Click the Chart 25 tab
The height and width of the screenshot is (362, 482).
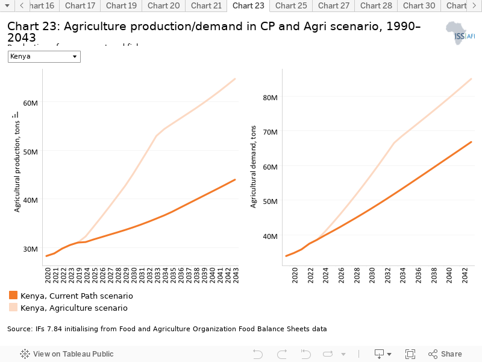point(290,6)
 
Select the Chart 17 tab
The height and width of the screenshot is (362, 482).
point(80,6)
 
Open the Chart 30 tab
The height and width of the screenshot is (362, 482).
point(419,6)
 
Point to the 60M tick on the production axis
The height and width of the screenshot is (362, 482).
point(31,103)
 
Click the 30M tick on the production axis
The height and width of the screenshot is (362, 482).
point(31,249)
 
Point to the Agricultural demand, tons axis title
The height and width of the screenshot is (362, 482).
point(254,167)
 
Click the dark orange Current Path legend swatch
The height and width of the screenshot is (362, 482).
point(13,296)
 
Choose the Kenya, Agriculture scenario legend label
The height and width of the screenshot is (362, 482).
point(74,308)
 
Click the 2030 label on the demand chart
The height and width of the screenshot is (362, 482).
point(372,276)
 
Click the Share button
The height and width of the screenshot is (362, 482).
point(445,354)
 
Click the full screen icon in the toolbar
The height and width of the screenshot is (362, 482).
point(410,354)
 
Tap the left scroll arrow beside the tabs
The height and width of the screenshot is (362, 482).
point(21,6)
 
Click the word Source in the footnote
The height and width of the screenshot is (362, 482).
point(19,329)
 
